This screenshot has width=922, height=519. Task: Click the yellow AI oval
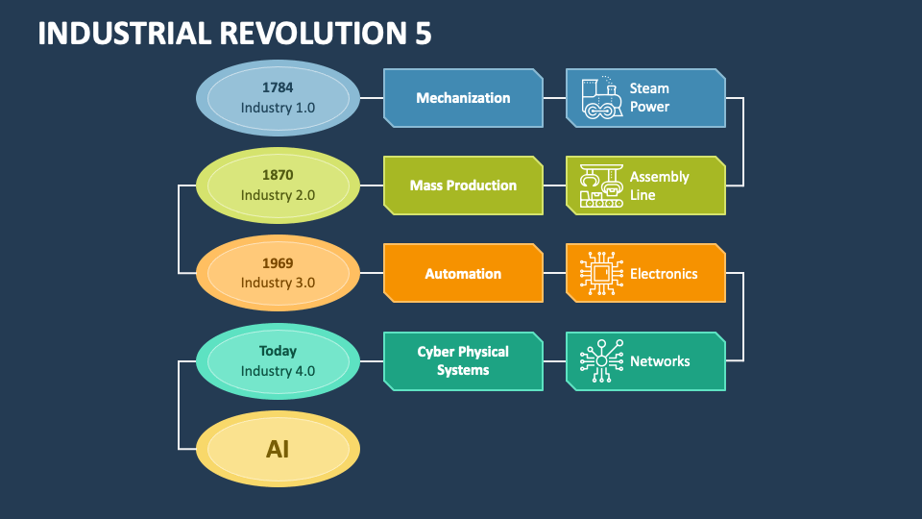pos(278,449)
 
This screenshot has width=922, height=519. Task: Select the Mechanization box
pos(463,98)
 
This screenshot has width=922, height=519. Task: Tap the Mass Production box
pos(463,185)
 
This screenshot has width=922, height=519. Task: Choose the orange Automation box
pos(463,273)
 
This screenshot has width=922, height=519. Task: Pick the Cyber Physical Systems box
pos(463,360)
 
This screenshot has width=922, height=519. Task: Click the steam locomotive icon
pos(601,98)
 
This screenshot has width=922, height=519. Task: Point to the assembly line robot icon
pos(601,185)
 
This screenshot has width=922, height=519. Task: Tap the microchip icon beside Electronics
pos(601,273)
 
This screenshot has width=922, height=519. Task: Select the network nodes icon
pos(601,360)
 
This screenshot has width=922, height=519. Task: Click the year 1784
pos(278,87)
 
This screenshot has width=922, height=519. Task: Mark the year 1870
pos(278,175)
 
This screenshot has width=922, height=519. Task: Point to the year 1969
pos(278,263)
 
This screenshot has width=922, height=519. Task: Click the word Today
pos(278,352)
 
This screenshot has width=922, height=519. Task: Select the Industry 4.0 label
pos(278,371)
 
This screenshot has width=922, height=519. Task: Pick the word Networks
pos(660,361)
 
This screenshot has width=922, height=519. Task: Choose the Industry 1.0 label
pos(278,108)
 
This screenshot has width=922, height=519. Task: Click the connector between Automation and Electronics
pos(554,273)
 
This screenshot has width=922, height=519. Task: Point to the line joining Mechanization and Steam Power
pos(554,98)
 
